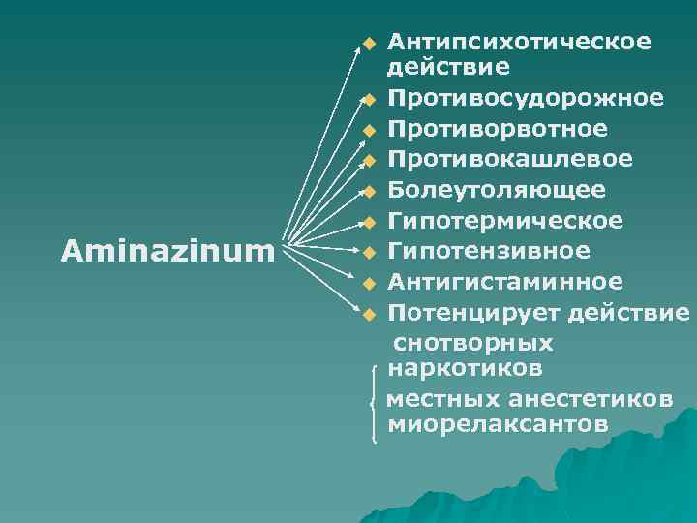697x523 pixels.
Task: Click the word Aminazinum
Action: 167,252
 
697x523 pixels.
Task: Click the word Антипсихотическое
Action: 519,43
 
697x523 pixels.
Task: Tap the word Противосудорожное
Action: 526,99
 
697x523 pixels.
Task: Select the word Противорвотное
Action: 498,129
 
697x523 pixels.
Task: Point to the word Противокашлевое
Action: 510,159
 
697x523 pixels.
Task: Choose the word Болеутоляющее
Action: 497,190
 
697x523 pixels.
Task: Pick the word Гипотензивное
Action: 488,251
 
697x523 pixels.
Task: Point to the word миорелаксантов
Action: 498,424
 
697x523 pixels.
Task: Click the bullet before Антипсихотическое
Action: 368,44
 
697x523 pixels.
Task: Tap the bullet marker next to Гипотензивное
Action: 368,254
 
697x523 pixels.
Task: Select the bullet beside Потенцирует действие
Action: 368,315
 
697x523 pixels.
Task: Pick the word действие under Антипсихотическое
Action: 435,68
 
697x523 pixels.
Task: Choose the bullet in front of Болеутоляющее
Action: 368,191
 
